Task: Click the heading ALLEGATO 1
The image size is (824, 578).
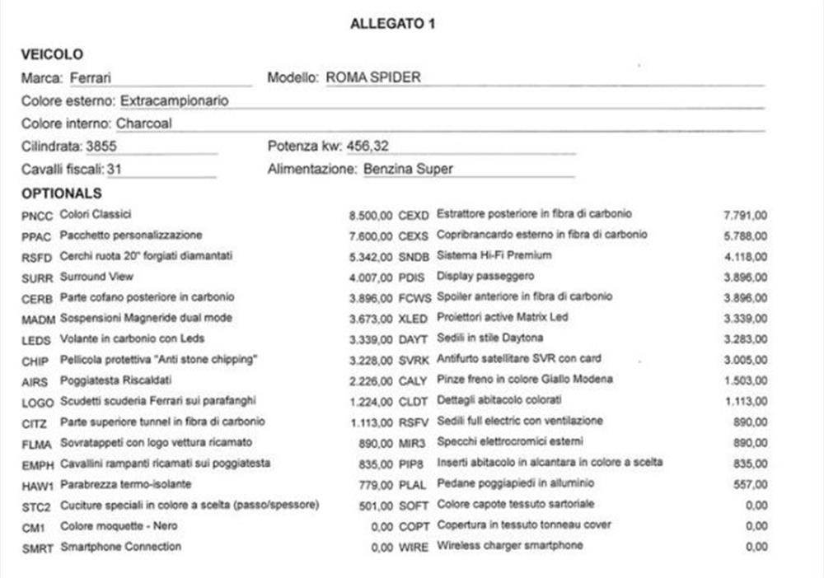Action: [x=392, y=24]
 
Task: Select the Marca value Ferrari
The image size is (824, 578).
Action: [x=91, y=78]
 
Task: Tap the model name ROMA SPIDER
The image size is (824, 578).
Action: [x=373, y=78]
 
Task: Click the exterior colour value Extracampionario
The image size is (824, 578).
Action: [x=175, y=101]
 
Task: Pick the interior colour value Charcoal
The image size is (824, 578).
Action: [x=144, y=124]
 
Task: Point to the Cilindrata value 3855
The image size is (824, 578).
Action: [x=101, y=147]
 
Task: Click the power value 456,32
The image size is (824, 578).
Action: [x=368, y=147]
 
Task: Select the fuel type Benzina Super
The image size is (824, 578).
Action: [x=408, y=170]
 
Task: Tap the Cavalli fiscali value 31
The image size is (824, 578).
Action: [x=115, y=170]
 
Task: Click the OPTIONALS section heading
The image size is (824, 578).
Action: [x=62, y=193]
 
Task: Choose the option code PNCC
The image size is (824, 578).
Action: [x=37, y=216]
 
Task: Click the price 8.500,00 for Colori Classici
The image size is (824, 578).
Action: [x=370, y=216]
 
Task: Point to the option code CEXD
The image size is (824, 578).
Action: [x=414, y=216]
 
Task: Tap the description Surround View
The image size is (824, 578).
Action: [x=96, y=277]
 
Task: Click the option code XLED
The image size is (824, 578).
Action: [x=414, y=319]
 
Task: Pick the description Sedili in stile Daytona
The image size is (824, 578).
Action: [x=490, y=338]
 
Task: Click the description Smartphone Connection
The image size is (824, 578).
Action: [x=120, y=547]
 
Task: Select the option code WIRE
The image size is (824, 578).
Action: [x=414, y=547]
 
